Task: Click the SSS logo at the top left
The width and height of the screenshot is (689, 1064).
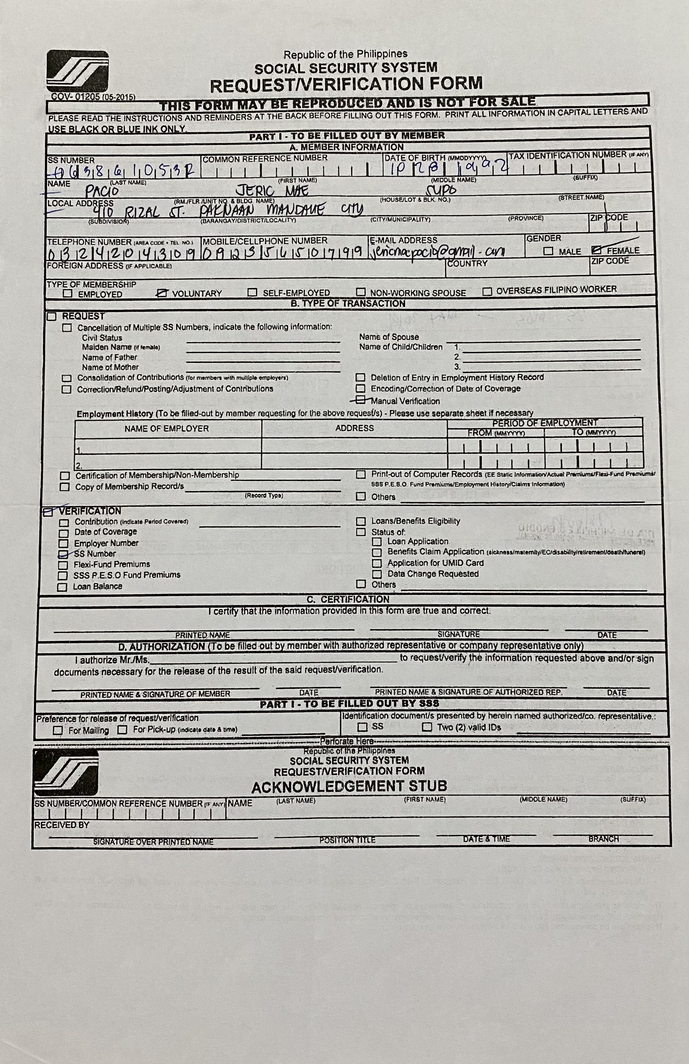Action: coord(77,72)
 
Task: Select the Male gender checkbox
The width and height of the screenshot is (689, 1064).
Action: coord(548,251)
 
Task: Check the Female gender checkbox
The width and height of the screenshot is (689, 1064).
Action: coord(597,250)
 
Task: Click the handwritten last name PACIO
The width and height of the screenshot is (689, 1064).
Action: coord(103,192)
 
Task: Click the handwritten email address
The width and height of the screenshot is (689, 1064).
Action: coord(436,253)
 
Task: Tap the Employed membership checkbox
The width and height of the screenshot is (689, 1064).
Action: coord(68,294)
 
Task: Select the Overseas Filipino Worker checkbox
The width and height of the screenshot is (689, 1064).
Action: coord(487,291)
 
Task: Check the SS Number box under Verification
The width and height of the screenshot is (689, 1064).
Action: coord(63,554)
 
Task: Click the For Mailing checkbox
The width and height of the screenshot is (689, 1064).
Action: coord(58,730)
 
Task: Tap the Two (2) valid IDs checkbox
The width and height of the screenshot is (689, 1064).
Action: coord(427,727)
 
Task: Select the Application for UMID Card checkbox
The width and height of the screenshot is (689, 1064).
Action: coord(377,563)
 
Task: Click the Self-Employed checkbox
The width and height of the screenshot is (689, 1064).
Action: coord(253,292)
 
